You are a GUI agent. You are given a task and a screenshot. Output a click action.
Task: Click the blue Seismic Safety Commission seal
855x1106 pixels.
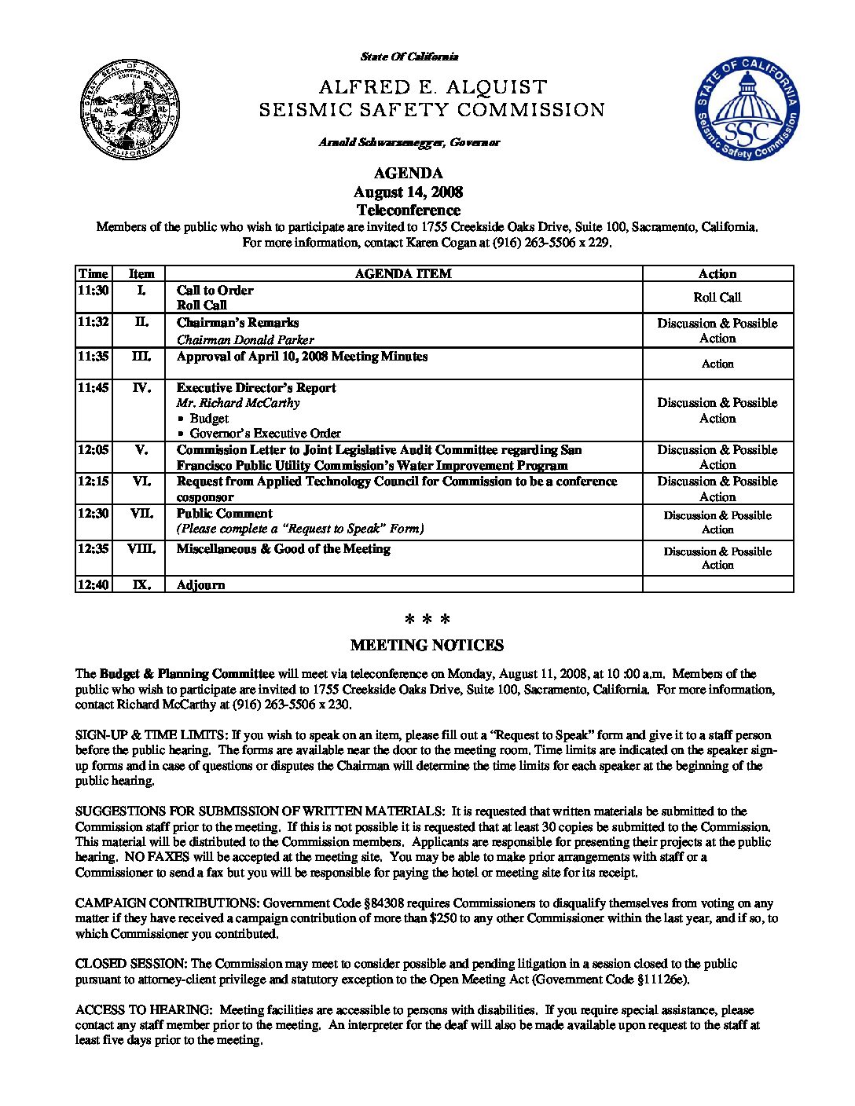746,109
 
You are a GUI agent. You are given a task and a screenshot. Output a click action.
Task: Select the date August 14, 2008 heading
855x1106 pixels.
408,192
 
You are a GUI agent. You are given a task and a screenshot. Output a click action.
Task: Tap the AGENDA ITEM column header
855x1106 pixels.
403,273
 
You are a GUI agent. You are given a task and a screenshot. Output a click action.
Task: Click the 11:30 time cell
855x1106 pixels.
93,290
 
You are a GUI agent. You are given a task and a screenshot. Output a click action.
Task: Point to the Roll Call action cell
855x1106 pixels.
717,297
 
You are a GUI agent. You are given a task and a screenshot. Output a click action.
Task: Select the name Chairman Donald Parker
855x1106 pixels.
245,340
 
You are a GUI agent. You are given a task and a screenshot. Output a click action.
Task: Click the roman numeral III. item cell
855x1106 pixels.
141,356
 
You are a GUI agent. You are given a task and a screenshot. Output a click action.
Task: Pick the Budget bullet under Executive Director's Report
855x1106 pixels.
209,418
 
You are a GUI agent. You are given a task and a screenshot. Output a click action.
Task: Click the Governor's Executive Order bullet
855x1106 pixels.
265,433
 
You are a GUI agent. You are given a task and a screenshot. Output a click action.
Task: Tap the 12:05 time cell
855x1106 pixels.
93,450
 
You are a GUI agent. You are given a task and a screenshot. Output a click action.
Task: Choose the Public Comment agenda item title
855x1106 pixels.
224,513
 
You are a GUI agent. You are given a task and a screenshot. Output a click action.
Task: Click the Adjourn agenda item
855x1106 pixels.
200,584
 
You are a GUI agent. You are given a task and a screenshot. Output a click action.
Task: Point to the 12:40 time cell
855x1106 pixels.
93,584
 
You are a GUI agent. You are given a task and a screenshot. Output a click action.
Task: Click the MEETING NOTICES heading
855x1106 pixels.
427,645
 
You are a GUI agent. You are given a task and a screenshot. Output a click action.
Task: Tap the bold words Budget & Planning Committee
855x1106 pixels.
187,673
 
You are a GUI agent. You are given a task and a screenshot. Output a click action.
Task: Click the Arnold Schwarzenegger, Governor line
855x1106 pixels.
409,142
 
